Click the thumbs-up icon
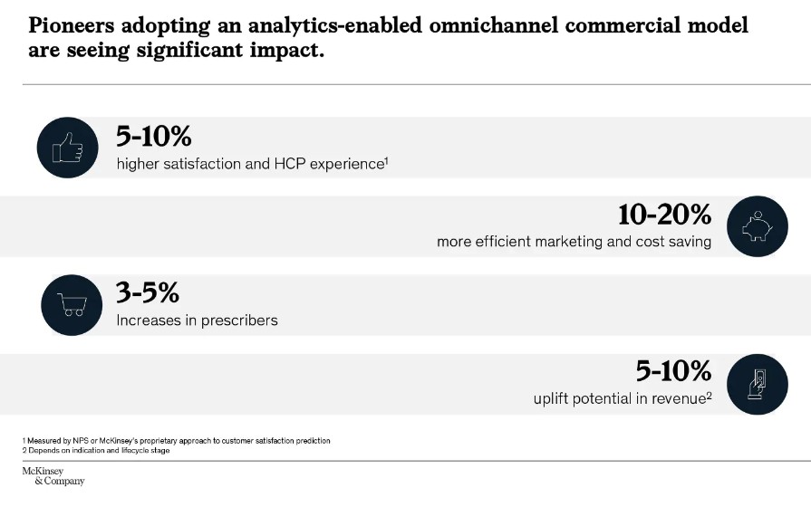(67, 147)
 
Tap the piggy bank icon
(758, 226)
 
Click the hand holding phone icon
(758, 384)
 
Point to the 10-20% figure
(664, 215)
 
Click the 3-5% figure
(148, 293)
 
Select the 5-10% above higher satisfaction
(153, 137)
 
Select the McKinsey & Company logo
(53, 476)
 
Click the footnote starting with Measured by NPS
(177, 441)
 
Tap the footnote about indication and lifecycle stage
(97, 451)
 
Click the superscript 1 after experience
(386, 160)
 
